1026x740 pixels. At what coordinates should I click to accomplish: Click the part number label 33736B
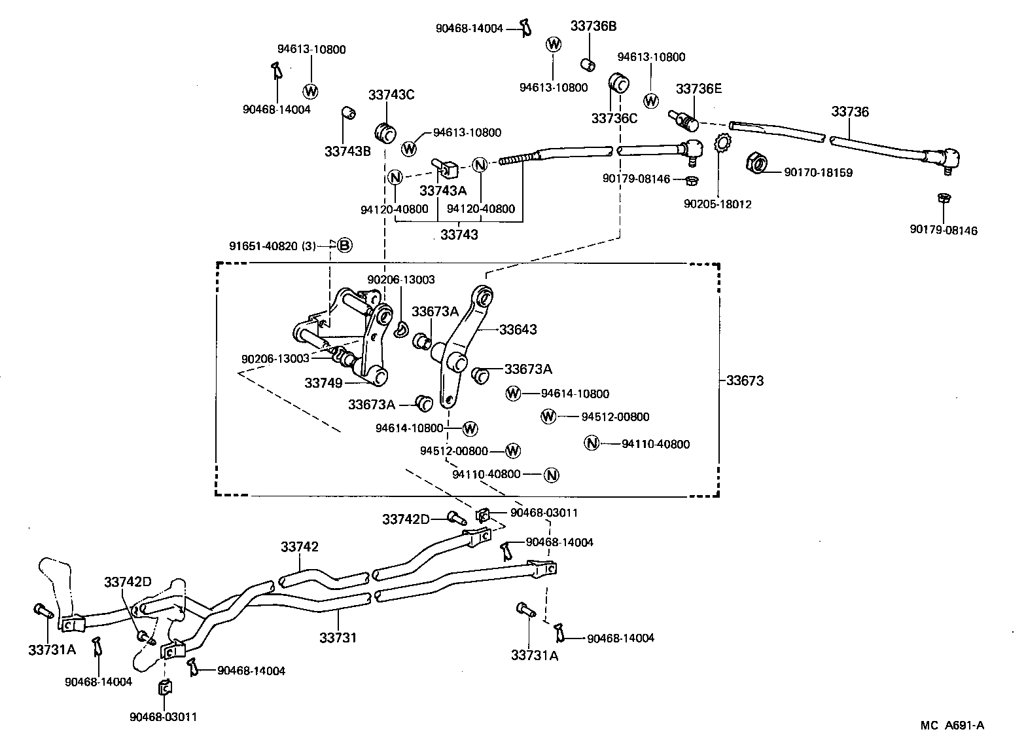593,26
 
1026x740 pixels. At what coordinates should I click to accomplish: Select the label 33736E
699,88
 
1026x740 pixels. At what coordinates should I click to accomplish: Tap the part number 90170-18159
818,173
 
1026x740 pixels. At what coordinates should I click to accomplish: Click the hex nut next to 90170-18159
756,162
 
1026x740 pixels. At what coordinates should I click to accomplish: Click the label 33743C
391,94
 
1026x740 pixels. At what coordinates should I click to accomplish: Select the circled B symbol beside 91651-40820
345,246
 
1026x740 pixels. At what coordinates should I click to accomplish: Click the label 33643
518,329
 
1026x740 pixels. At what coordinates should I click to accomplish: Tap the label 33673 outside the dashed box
745,380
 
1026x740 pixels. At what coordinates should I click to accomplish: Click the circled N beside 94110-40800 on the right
591,443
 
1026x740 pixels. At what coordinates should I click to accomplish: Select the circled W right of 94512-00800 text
513,451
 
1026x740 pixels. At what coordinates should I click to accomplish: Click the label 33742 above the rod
300,546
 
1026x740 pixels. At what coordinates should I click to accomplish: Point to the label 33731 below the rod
338,637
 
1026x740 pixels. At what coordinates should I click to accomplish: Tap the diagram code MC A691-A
952,725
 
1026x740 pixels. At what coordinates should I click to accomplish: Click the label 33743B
347,151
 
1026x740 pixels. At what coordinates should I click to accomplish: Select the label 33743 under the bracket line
459,234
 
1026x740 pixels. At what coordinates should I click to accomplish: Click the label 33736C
614,119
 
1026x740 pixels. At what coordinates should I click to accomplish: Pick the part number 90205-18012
718,204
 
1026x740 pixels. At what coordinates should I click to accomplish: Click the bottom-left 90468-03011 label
163,716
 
